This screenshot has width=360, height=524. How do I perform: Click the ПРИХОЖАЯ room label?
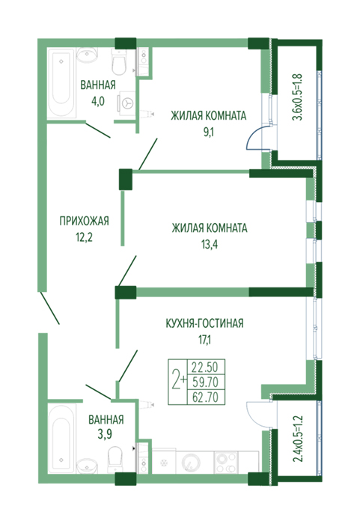(84, 222)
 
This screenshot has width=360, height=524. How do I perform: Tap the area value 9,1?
(208, 132)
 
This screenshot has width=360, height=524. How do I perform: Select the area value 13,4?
(210, 245)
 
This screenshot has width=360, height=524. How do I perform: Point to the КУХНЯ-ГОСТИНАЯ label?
(204, 323)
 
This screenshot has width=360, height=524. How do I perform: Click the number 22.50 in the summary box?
(204, 368)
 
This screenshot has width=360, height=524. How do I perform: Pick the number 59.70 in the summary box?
(205, 382)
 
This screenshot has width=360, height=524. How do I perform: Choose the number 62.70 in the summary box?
(205, 397)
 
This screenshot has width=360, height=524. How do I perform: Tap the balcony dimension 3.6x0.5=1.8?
(297, 97)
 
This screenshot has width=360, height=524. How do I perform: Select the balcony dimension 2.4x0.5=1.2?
(297, 439)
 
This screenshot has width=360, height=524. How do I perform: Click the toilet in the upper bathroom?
(119, 62)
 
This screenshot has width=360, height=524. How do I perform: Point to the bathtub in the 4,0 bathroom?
(61, 83)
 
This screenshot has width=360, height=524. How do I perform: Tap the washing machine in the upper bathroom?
(126, 103)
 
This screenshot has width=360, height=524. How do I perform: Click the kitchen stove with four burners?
(226, 462)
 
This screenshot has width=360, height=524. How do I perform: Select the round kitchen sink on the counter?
(191, 463)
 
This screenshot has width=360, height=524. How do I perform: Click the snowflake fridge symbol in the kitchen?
(164, 463)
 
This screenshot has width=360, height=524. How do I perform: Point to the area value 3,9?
(105, 434)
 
